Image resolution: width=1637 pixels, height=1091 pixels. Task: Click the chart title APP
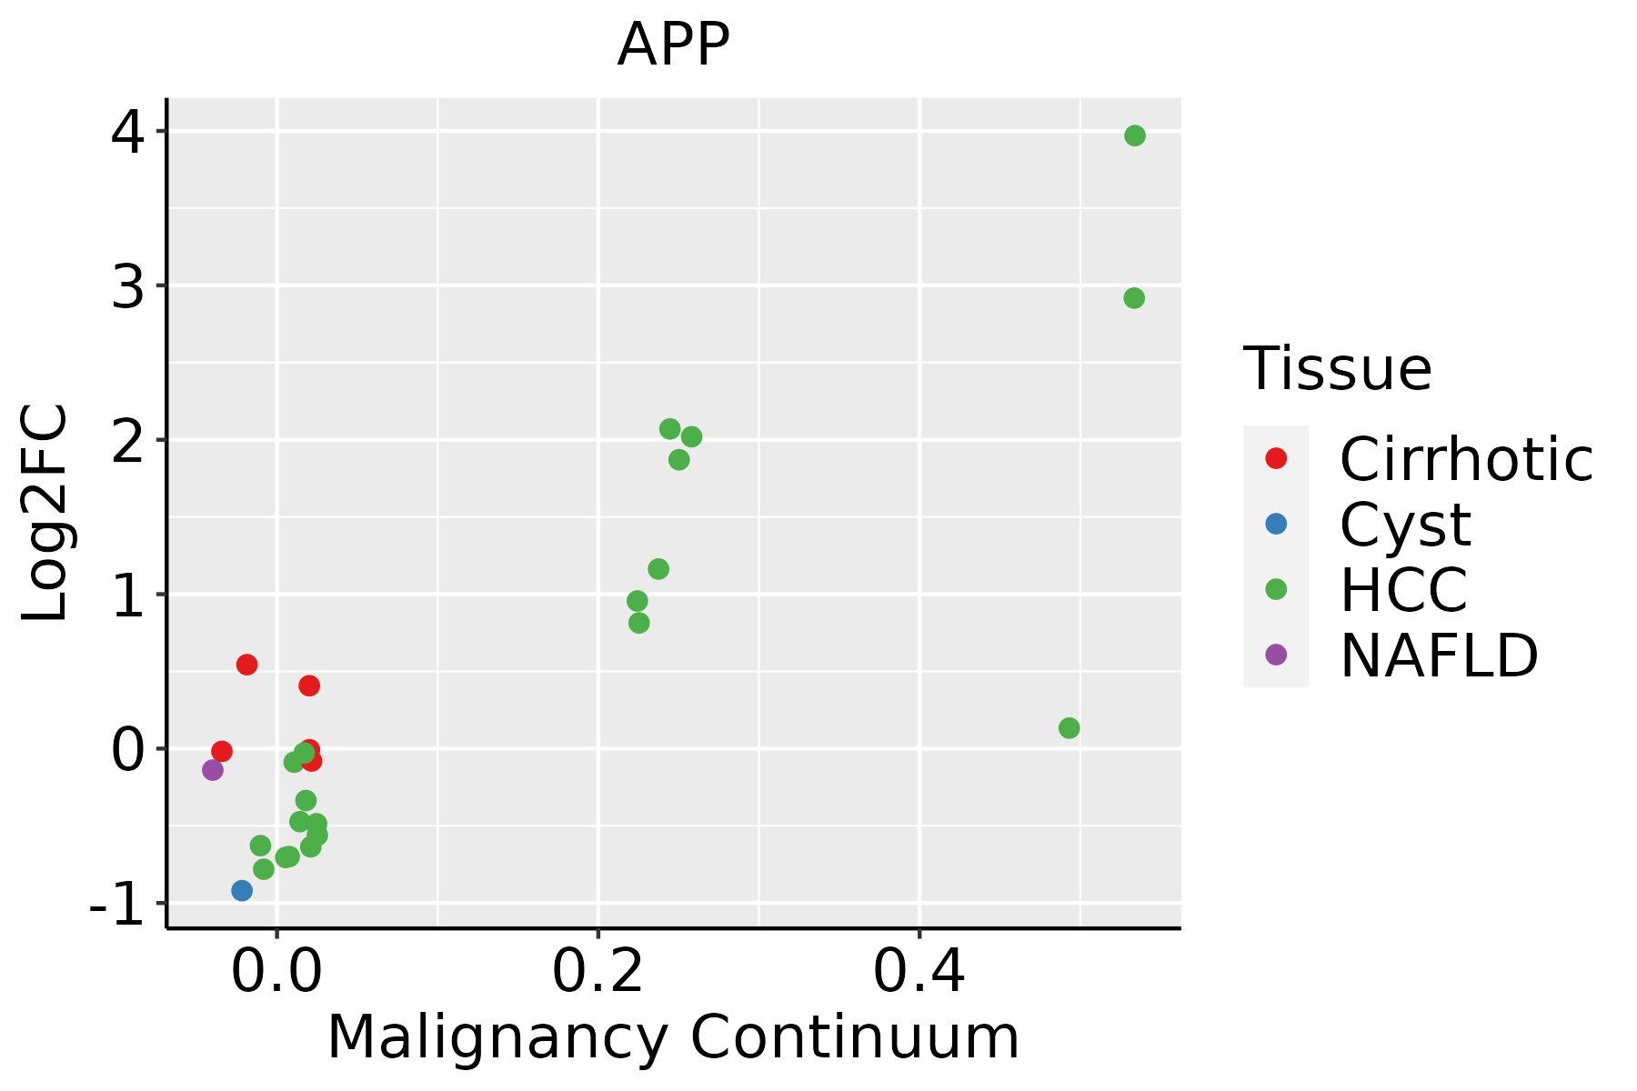673,45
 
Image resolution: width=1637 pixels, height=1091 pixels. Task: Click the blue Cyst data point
242,890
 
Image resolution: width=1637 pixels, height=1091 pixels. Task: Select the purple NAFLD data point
213,770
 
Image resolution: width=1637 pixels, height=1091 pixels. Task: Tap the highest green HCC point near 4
1134,135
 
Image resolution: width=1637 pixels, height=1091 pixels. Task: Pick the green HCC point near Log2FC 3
1133,298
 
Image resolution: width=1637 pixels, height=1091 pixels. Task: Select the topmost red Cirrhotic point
246,665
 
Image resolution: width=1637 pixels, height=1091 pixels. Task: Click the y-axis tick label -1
116,904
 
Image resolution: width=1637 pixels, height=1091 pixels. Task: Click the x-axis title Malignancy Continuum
673,1037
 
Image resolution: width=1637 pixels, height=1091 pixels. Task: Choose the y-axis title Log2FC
45,514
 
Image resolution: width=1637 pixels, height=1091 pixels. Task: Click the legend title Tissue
1337,369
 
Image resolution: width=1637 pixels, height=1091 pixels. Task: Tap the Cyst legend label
1405,525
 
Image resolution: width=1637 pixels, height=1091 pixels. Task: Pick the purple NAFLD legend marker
1276,654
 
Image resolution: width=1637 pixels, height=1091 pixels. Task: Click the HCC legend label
1403,590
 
